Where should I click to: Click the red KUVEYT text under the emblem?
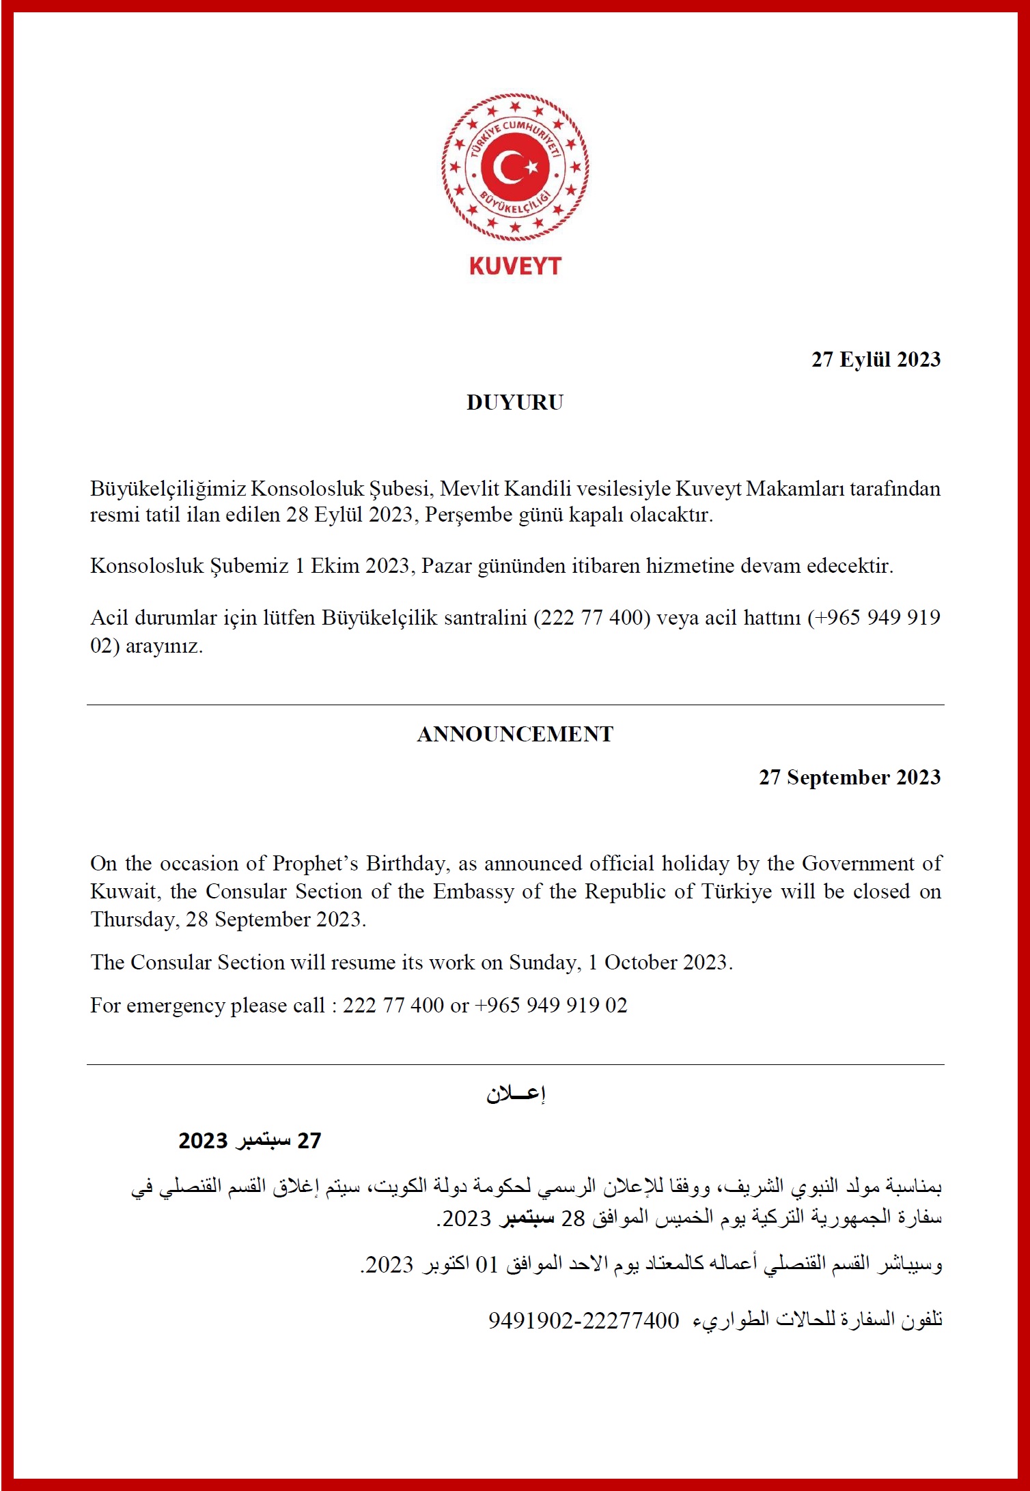coord(515,266)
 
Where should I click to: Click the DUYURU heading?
coord(515,403)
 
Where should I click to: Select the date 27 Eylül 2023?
coord(876,360)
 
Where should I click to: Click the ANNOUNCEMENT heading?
coord(515,734)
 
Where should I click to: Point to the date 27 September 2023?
coord(850,778)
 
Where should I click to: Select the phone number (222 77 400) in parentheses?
coord(591,618)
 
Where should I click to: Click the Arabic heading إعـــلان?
coord(516,1094)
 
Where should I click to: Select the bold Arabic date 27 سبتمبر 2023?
coord(250,1141)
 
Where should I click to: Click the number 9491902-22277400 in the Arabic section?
coord(584,1320)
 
